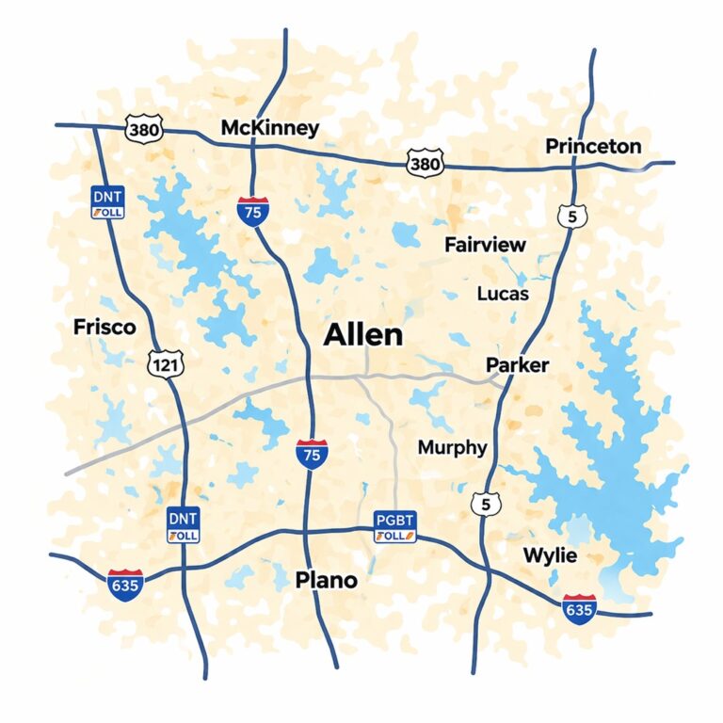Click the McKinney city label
269,128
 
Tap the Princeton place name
593,146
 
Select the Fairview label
485,245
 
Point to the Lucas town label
503,293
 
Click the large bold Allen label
362,334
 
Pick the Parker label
517,364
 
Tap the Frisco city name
104,328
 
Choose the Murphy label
452,447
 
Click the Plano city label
326,580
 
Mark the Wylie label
550,555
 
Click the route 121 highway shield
166,362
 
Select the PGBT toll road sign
394,526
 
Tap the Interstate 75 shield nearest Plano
311,454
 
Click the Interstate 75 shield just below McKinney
251,210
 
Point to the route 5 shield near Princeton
572,217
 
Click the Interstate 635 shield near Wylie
579,608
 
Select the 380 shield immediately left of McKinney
143,129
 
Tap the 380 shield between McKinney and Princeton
424,164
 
